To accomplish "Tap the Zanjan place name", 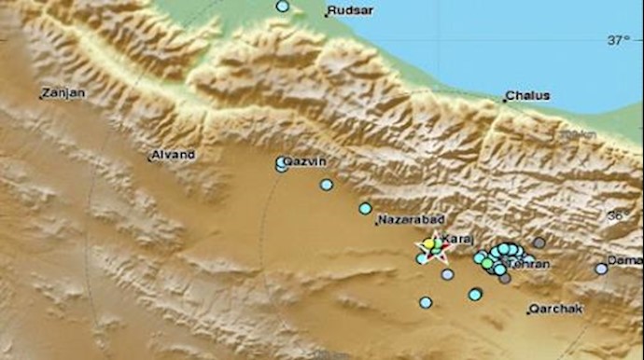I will pyautogui.click(x=63, y=93).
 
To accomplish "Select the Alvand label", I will pyautogui.click(x=173, y=155).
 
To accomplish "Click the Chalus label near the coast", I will pyautogui.click(x=527, y=96).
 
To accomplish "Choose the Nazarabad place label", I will pyautogui.click(x=404, y=221).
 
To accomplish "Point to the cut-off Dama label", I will pyautogui.click(x=624, y=259).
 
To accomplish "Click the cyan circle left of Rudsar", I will pyautogui.click(x=283, y=7).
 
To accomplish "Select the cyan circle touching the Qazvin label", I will pyautogui.click(x=281, y=163).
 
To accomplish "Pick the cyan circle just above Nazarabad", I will pyautogui.click(x=365, y=208).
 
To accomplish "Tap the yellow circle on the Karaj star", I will pyautogui.click(x=428, y=244).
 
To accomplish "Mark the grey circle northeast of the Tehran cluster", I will pyautogui.click(x=539, y=242).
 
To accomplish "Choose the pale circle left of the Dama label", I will pyautogui.click(x=601, y=269).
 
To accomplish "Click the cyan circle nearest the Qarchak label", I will pyautogui.click(x=475, y=295).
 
